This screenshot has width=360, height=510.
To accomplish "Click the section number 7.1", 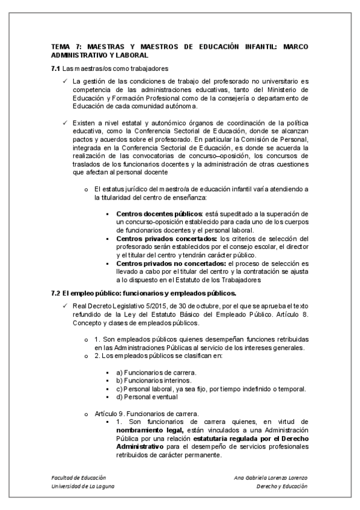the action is pyautogui.click(x=56, y=68).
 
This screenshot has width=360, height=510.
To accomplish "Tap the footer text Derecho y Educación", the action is pyautogui.click(x=281, y=486).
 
